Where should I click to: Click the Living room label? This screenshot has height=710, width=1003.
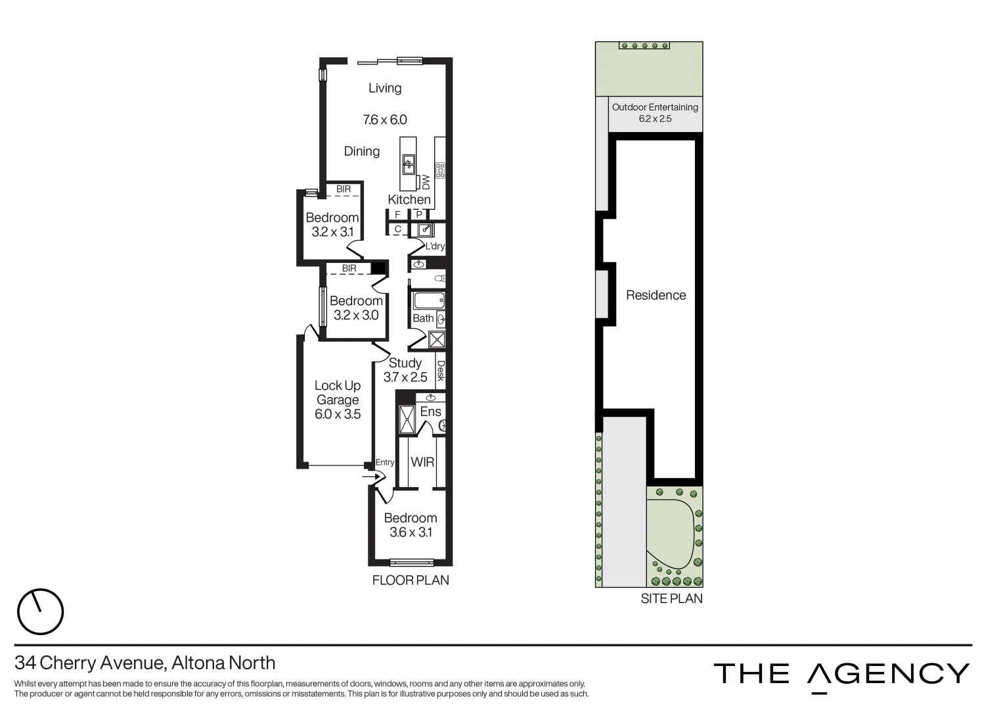click(x=384, y=88)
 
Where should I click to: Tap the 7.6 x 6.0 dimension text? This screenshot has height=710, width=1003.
click(x=385, y=120)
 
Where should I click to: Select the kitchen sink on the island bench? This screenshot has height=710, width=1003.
click(x=409, y=163)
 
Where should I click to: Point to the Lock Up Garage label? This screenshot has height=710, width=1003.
click(x=338, y=392)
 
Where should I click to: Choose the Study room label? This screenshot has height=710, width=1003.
click(x=405, y=363)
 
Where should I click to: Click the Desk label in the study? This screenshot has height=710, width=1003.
click(x=441, y=371)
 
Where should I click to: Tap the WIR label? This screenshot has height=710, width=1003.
click(x=422, y=462)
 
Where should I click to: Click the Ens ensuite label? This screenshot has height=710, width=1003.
click(x=430, y=412)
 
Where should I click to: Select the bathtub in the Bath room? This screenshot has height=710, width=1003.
click(x=428, y=301)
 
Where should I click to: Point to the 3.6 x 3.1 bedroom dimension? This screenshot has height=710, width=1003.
click(x=411, y=532)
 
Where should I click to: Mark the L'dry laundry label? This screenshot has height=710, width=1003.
click(x=435, y=247)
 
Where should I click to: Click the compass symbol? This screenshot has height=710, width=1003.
click(x=40, y=611)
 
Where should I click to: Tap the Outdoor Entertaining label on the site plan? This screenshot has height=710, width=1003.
click(x=655, y=107)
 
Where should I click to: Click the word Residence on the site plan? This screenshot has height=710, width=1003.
click(x=656, y=295)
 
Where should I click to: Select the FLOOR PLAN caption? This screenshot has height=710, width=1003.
click(x=411, y=580)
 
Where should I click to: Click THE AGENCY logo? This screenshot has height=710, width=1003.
click(x=841, y=674)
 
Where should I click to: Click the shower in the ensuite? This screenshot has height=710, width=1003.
click(x=407, y=419)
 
